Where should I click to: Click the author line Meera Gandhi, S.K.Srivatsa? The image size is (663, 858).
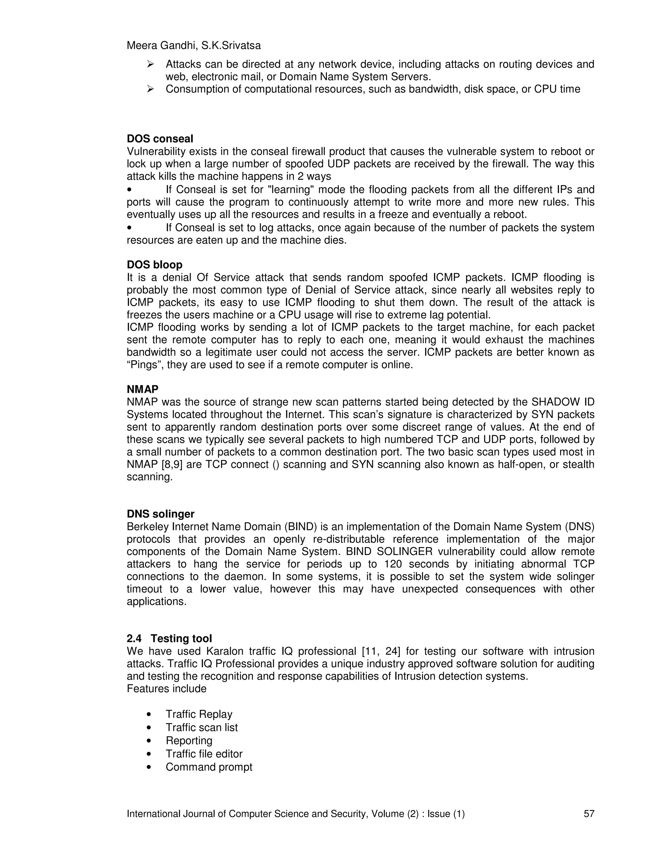[193, 46]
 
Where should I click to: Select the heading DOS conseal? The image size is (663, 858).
[160, 139]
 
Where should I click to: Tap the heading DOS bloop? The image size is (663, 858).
[154, 265]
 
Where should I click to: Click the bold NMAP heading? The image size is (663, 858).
[142, 389]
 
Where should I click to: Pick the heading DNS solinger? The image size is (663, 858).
[160, 514]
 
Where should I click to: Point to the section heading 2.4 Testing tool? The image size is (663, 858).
[169, 638]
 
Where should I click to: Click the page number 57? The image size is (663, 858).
[589, 814]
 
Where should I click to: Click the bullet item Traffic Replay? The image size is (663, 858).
[199, 714]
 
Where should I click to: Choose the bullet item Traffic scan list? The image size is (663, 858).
[201, 728]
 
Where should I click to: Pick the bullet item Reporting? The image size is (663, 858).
[189, 740]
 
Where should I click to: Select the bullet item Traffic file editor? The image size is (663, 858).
[204, 754]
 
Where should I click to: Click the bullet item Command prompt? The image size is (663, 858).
[209, 767]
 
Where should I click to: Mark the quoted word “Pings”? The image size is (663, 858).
[145, 365]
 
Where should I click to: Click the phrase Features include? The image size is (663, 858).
[166, 689]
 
